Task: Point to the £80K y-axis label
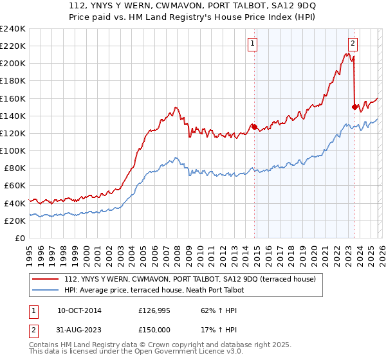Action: click(14, 168)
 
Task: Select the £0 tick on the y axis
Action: click(20, 238)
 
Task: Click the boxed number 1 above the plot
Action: click(253, 44)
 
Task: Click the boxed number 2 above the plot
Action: click(353, 44)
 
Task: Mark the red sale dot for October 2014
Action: click(254, 127)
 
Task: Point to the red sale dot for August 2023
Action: click(354, 107)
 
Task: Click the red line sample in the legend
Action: click(46, 280)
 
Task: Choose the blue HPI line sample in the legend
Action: click(46, 291)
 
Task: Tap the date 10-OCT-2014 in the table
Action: click(79, 310)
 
